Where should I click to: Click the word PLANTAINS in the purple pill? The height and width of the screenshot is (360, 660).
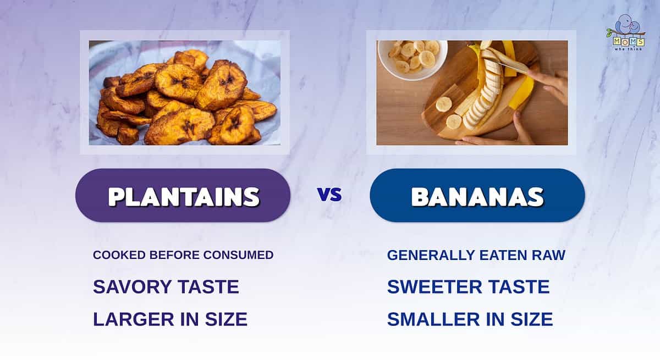184,196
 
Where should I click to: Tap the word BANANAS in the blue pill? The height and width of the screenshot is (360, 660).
477,196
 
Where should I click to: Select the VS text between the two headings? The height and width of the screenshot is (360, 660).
329,195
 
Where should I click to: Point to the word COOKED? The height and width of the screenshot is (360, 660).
119,255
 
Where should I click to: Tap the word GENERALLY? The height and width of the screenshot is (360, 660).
431,255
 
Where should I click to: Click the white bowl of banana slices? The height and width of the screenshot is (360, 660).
412,59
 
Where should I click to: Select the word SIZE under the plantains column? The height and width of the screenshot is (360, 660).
226,319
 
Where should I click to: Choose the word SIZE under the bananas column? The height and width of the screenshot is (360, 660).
531,319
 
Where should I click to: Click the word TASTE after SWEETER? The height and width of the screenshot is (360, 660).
519,287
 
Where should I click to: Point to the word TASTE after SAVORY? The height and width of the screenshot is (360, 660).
208,287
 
